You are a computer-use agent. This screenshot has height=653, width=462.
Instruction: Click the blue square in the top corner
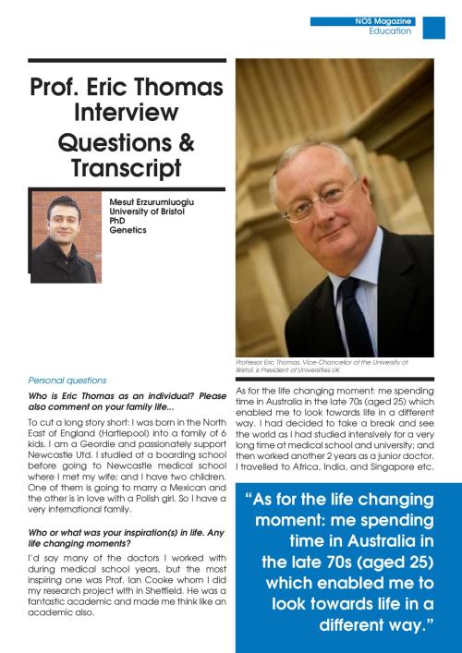click(x=433, y=28)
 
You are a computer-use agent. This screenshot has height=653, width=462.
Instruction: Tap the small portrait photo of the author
click(x=65, y=237)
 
